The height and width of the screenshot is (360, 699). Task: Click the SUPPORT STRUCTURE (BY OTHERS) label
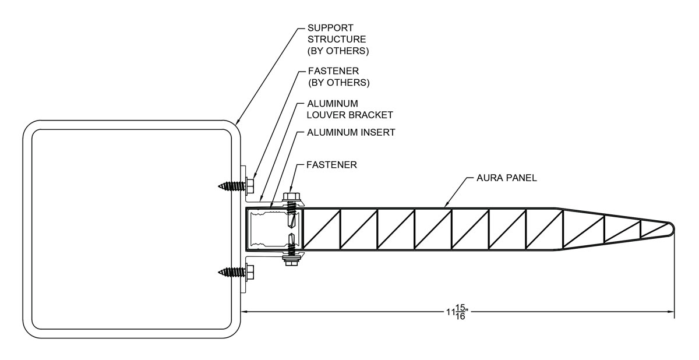coord(337,39)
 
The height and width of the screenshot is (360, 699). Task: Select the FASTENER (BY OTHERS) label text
coord(338,76)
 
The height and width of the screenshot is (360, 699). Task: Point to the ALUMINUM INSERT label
coord(351,132)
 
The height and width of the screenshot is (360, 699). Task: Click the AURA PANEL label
coord(503,178)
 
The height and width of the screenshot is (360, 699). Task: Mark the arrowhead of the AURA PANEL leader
coord(446,206)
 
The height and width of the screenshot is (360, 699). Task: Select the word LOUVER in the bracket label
coord(326,114)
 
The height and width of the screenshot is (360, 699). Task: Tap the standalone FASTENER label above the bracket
coord(331,165)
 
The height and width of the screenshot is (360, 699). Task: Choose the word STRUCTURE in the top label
coord(337,39)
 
